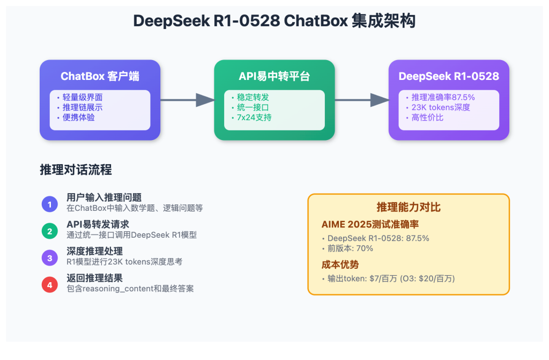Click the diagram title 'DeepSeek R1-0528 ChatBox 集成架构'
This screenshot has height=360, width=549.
[x=274, y=21]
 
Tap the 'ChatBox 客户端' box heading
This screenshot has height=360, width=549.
[x=100, y=76]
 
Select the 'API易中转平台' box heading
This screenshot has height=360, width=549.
[x=274, y=76]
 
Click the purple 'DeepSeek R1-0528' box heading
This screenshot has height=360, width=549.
[x=449, y=76]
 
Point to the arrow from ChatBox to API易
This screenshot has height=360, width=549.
[x=187, y=100]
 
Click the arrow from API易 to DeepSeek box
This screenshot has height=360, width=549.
[x=361, y=100]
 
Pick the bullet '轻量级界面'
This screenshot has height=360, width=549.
[x=82, y=97]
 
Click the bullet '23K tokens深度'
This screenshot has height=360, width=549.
[x=440, y=107]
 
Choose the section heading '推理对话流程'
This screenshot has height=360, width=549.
[x=76, y=170]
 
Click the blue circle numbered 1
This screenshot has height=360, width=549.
[x=49, y=204]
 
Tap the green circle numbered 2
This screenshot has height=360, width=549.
[x=49, y=231]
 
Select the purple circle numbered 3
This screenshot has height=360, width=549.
[x=49, y=258]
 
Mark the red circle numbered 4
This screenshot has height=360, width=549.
[x=49, y=285]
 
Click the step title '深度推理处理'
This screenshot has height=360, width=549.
[x=94, y=251]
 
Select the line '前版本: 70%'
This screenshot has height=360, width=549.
[x=350, y=248]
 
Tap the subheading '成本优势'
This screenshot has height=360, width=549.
[x=340, y=265]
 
